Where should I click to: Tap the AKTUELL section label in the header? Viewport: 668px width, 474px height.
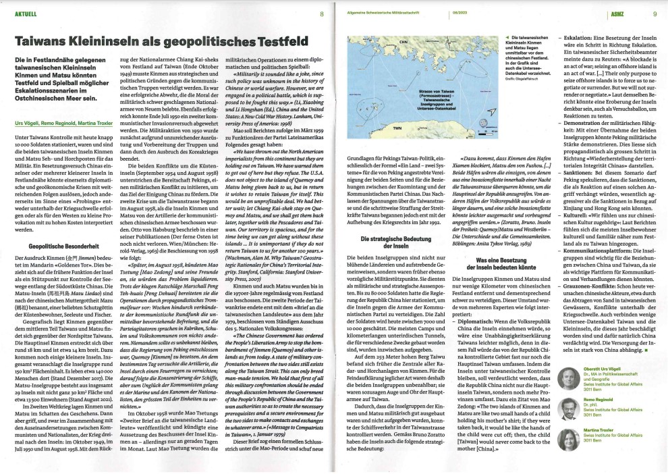[23, 12]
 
